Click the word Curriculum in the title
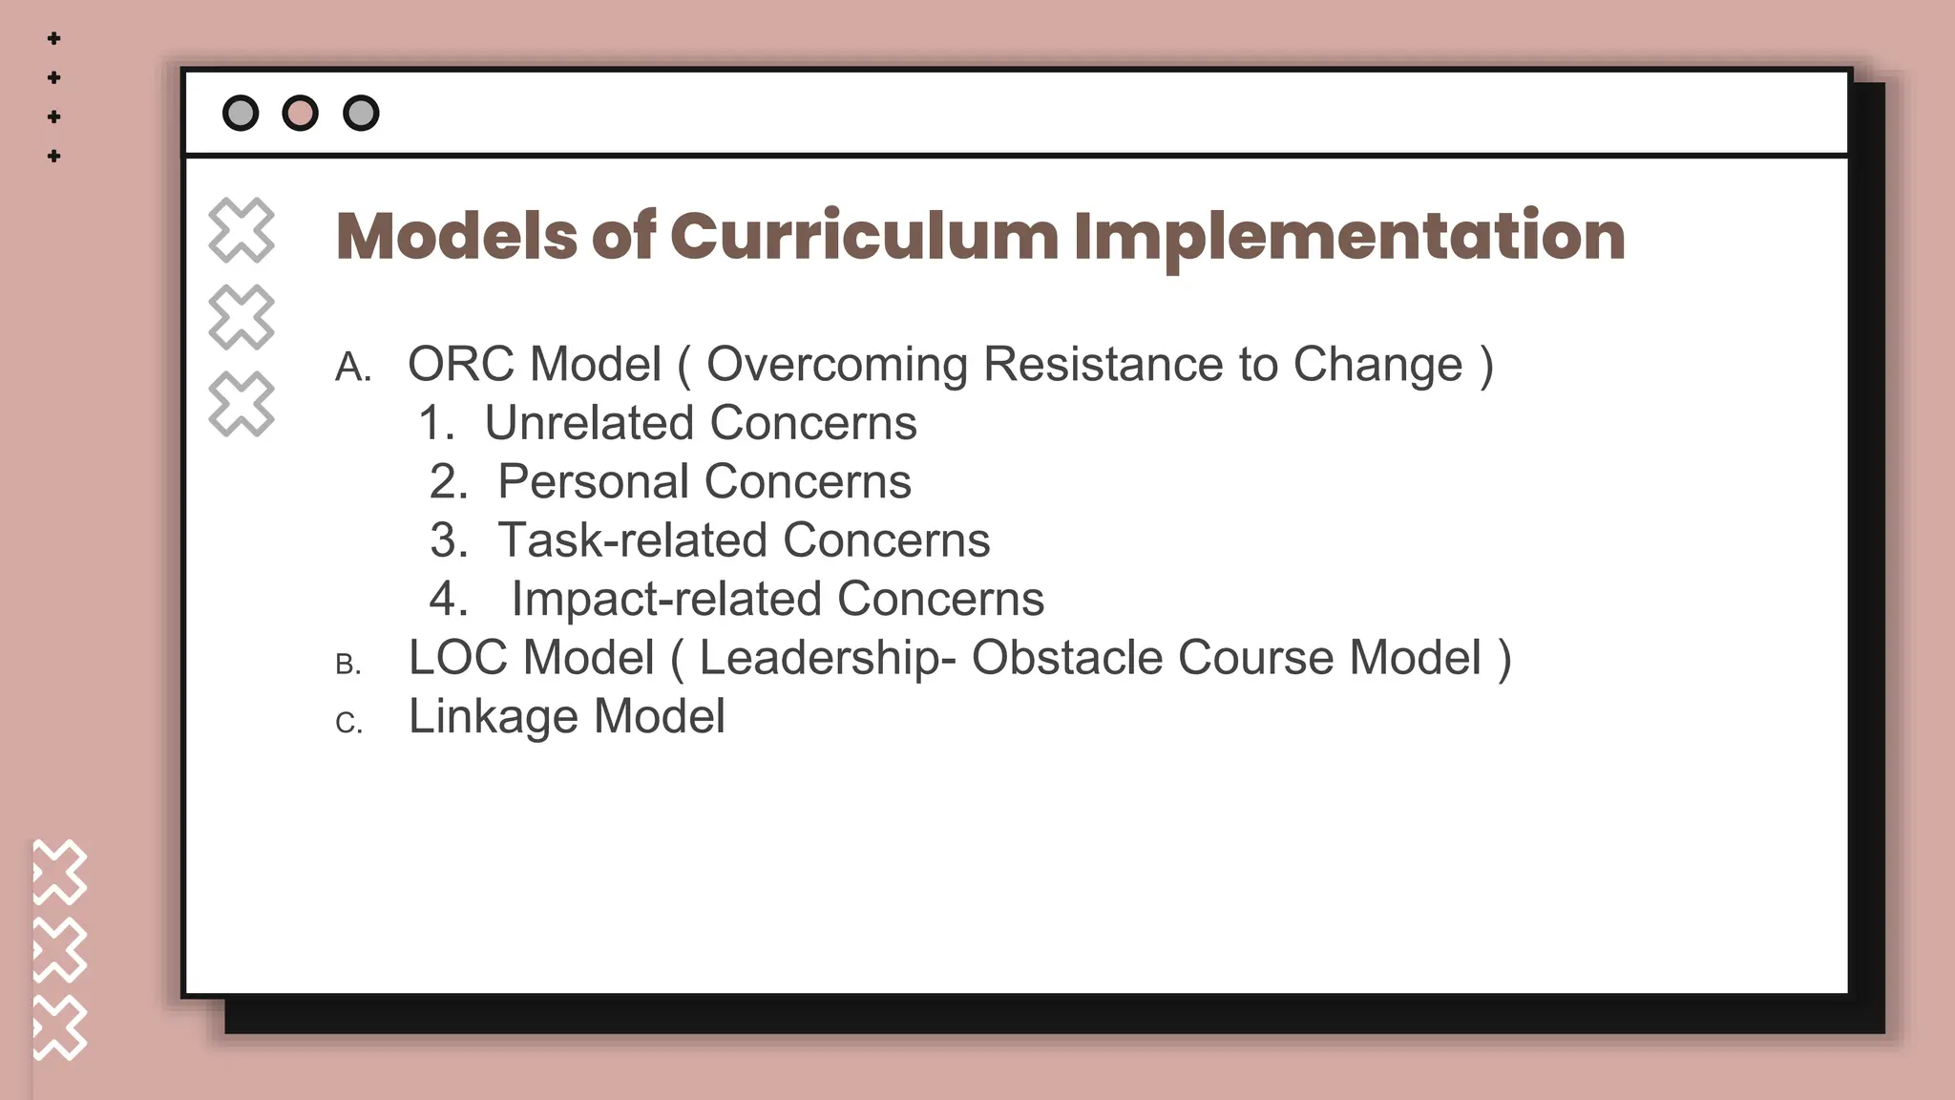(x=863, y=236)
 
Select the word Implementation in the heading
(x=1349, y=236)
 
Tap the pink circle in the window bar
(x=300, y=113)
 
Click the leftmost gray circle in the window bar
(x=240, y=113)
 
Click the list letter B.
(x=348, y=664)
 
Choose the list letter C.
(x=348, y=723)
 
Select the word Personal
(x=593, y=481)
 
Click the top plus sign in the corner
(x=54, y=38)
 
